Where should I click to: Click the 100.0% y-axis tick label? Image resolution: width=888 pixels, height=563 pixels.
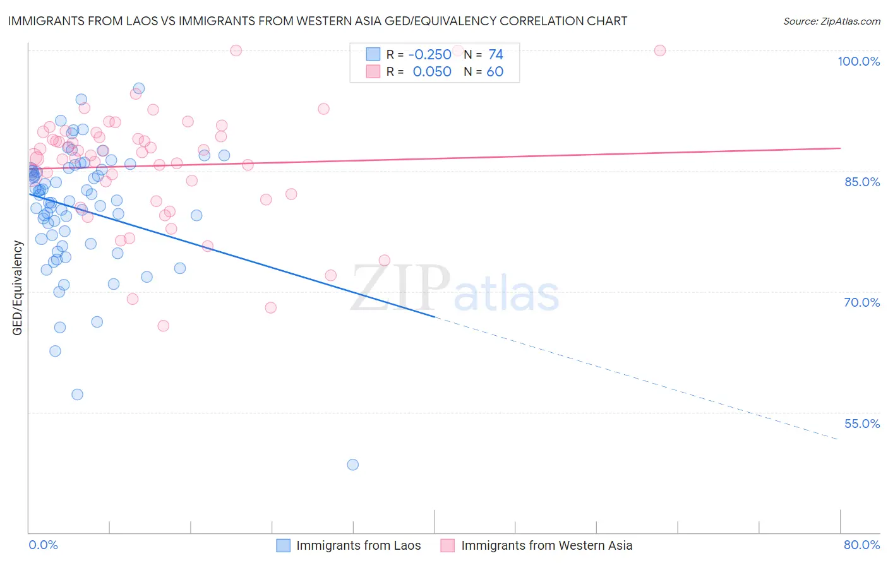[x=858, y=61]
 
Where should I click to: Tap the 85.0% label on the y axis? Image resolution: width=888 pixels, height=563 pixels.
[x=862, y=182]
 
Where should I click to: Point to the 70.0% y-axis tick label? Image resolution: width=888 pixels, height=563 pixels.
[x=862, y=302]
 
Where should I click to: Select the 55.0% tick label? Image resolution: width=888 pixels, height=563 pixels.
[x=862, y=424]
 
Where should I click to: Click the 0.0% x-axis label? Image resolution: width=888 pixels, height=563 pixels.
[x=43, y=545]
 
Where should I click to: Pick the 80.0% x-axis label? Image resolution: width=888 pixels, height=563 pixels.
[x=861, y=545]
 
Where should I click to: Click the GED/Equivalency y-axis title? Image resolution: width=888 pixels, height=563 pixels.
[x=17, y=288]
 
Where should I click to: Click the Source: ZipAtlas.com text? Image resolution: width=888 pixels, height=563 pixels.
[x=831, y=21]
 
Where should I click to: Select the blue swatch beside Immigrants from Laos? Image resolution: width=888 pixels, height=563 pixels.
[x=284, y=545]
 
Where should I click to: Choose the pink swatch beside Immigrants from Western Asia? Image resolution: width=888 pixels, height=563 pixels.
[x=448, y=545]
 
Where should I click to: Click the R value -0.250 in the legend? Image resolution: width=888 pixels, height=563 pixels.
[x=430, y=54]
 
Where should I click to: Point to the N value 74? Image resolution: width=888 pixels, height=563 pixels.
[x=496, y=54]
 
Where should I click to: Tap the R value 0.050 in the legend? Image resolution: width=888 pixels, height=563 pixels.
[x=432, y=71]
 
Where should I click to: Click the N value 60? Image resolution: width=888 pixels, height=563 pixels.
[x=495, y=71]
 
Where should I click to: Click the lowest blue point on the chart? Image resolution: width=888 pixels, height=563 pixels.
[x=352, y=465]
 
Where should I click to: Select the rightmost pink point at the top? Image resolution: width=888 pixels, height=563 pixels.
[x=660, y=50]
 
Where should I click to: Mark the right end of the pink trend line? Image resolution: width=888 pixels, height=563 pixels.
[x=840, y=148]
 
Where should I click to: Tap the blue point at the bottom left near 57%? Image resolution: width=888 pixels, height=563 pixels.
[x=77, y=394]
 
